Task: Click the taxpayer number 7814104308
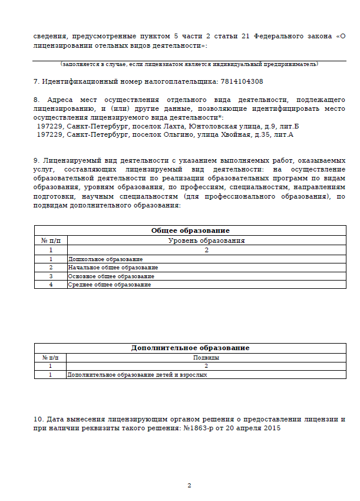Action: click(241, 81)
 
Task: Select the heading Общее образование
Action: click(190, 230)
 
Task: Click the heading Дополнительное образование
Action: click(190, 348)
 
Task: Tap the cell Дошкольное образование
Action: click(105, 259)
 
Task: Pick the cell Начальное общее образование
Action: click(113, 267)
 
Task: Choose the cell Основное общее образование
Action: click(111, 276)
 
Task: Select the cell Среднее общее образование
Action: click(110, 285)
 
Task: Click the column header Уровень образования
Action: click(206, 240)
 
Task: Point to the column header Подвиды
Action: click(206, 357)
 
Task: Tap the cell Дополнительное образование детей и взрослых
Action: click(138, 374)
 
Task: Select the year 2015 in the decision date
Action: click(272, 429)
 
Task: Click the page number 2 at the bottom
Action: click(190, 486)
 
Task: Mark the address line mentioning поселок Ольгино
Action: click(165, 134)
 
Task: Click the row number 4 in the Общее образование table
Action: click(51, 285)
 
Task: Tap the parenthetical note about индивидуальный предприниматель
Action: click(189, 64)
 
